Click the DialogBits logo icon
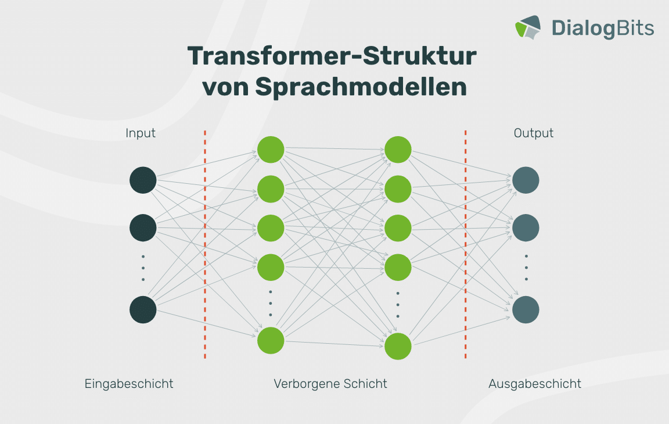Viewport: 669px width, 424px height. [528, 28]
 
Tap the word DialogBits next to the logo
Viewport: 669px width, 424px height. [602, 28]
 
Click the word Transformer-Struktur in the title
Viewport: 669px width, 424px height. [332, 56]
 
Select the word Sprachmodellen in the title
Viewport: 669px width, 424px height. [361, 88]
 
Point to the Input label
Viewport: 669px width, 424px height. [141, 133]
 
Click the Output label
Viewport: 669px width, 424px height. [533, 133]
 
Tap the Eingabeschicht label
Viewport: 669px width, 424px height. [129, 384]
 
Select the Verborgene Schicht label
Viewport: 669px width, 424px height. [330, 384]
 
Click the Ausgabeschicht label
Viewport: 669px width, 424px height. [535, 384]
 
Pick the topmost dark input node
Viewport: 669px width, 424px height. [143, 180]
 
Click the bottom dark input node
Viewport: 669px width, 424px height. [143, 310]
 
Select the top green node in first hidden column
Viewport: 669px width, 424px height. [271, 149]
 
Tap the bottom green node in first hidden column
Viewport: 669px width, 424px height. [271, 341]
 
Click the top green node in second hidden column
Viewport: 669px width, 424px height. [398, 149]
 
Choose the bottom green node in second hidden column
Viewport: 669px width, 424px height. [398, 346]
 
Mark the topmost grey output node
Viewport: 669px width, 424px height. [526, 180]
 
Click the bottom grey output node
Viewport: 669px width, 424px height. [526, 310]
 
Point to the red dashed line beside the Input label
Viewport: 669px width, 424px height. [205, 244]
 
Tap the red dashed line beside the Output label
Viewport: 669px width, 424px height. [466, 244]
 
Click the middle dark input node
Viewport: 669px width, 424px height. [143, 228]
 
